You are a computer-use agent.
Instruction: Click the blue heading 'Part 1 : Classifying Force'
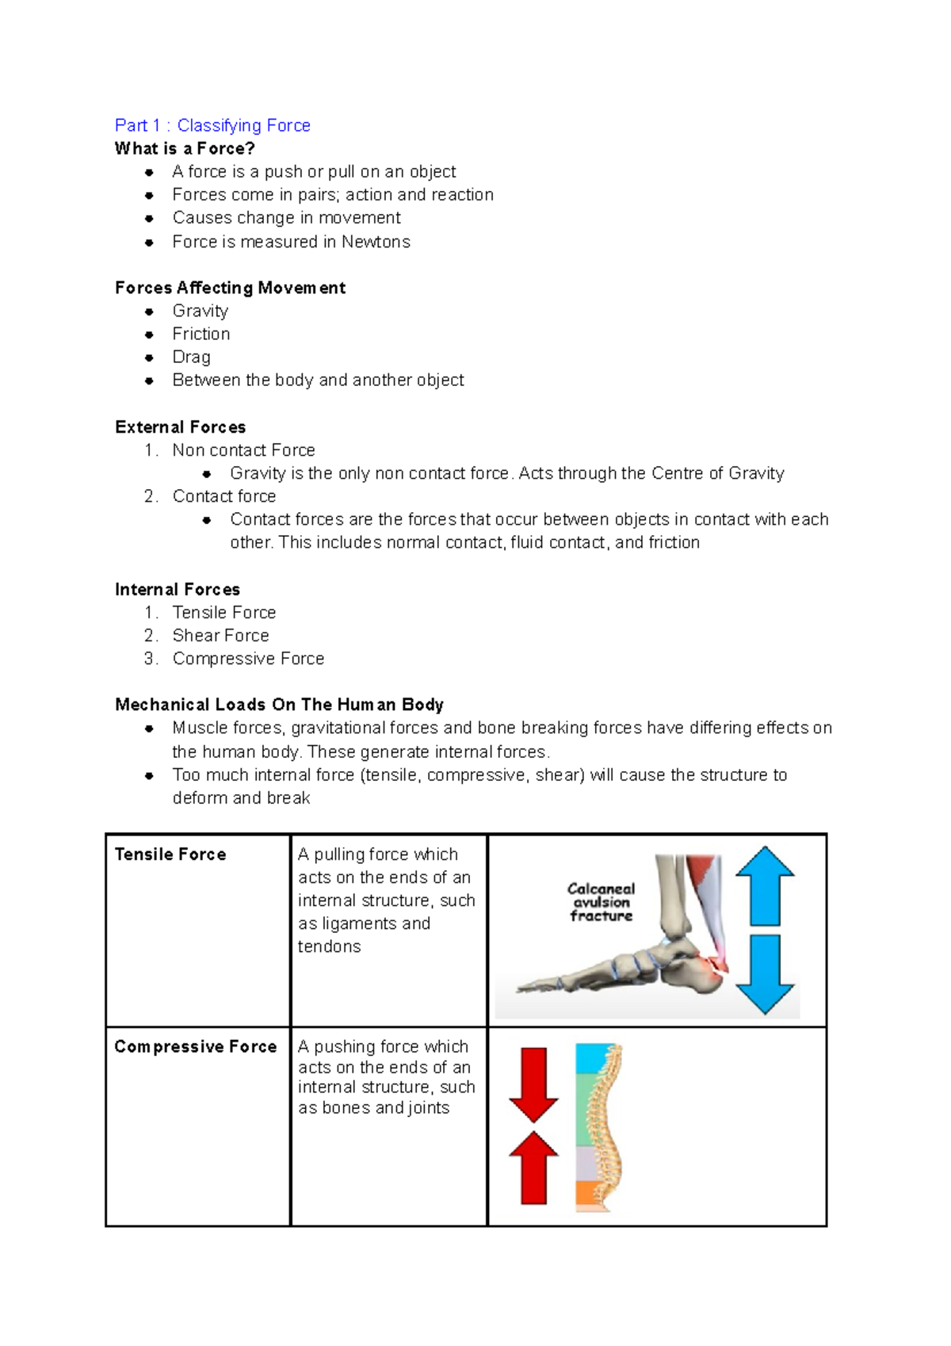[x=212, y=125]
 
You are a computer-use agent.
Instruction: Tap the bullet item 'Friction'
[x=201, y=334]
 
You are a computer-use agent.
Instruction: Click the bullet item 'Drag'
[x=191, y=357]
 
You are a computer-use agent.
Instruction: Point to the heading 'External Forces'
[x=180, y=427]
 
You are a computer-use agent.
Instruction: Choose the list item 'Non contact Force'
[x=243, y=450]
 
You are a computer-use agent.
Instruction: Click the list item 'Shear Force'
[x=220, y=636]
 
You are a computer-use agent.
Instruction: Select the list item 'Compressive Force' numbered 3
[x=248, y=659]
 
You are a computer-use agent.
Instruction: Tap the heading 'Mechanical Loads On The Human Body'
[x=279, y=705]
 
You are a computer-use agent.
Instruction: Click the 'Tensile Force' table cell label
[x=170, y=855]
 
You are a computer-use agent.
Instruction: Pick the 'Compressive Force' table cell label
[x=196, y=1046]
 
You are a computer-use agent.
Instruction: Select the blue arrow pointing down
[x=765, y=974]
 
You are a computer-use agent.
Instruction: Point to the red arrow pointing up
[x=533, y=1168]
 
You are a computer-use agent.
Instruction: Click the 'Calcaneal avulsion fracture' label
[x=601, y=902]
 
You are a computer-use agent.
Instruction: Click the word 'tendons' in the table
[x=329, y=946]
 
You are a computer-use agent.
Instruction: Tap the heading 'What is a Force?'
[x=185, y=148]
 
